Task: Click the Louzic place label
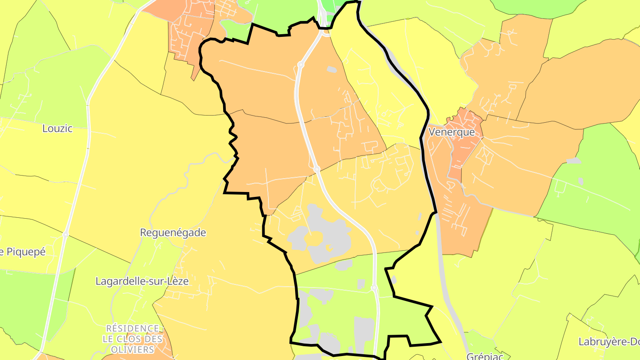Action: coord(57,128)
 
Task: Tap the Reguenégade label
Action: coord(173,232)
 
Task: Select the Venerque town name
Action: coord(452,132)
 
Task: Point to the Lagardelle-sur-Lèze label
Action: coord(142,281)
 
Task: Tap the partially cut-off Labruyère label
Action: coord(608,342)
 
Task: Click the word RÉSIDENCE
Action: coord(132,328)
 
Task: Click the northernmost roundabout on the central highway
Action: coord(301,65)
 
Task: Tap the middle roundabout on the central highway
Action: coord(316,169)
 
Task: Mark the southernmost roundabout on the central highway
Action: coord(374,288)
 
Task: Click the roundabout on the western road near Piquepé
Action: coord(65,234)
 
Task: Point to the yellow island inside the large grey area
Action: coord(313,239)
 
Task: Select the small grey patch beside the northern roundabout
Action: coord(332,69)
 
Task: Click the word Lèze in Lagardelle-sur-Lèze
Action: coord(177,281)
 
